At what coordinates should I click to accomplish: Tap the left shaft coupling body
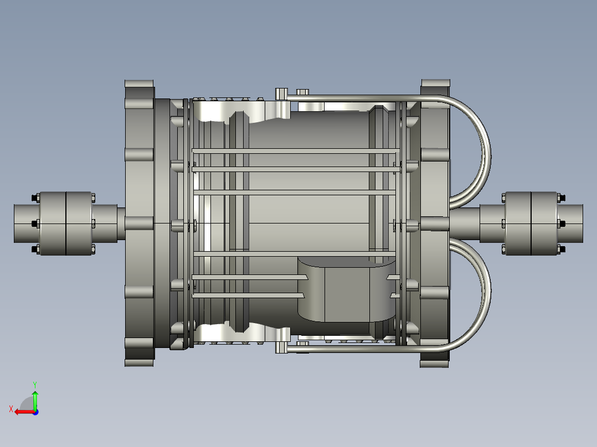(66, 224)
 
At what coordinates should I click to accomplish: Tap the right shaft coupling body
(531, 224)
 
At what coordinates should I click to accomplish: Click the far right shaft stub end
(573, 224)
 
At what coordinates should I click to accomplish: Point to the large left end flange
(139, 224)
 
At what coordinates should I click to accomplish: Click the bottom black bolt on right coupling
(562, 250)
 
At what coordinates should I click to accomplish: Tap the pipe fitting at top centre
(281, 94)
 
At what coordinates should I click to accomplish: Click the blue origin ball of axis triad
(35, 412)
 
